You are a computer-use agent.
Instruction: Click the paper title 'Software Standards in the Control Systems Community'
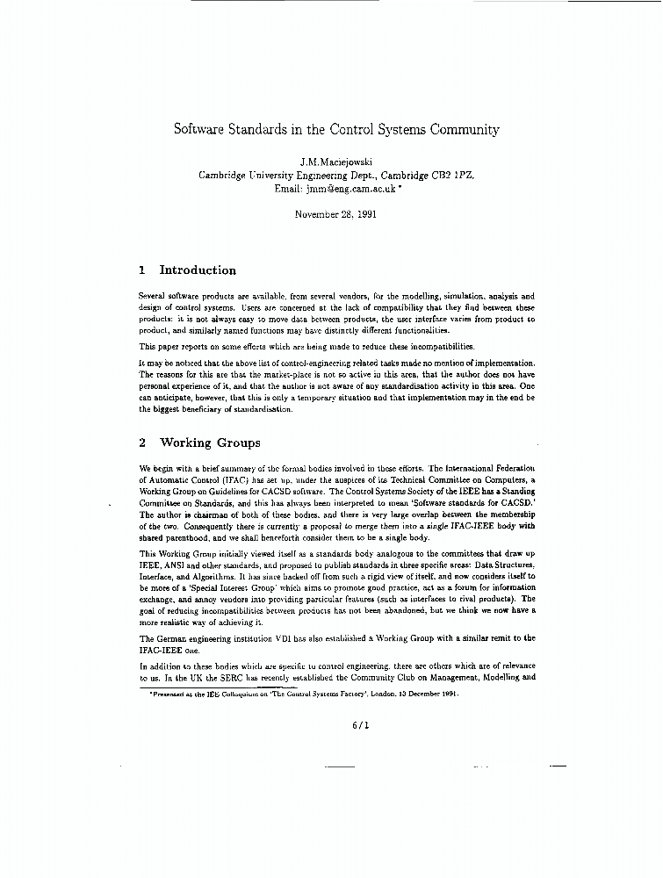[336, 129]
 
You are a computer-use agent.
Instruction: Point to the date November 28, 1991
[336, 214]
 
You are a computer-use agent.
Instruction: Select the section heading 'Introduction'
[198, 270]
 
